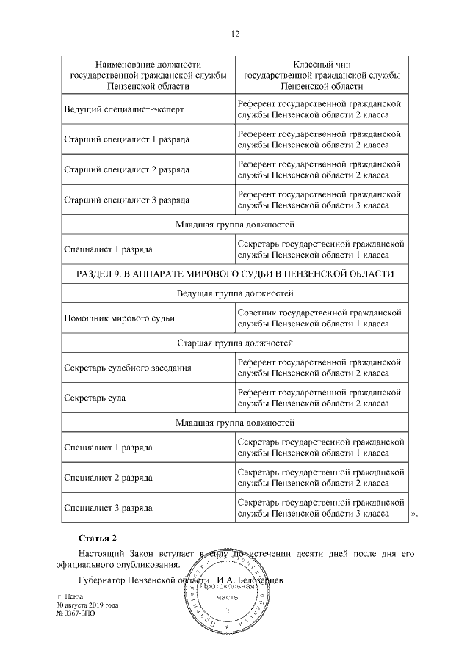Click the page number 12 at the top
pyautogui.click(x=235, y=34)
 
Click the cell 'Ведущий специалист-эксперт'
pyautogui.click(x=123, y=109)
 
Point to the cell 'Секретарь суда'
pyautogui.click(x=95, y=398)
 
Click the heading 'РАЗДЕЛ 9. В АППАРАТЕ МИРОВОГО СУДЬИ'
pyautogui.click(x=235, y=274)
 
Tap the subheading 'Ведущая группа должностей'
pyautogui.click(x=235, y=294)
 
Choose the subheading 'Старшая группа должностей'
pyautogui.click(x=235, y=343)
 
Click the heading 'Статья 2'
pyautogui.click(x=98, y=539)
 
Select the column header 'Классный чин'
pyautogui.click(x=322, y=65)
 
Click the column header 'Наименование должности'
pyautogui.click(x=148, y=65)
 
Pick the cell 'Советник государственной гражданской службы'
pyautogui.click(x=322, y=318)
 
